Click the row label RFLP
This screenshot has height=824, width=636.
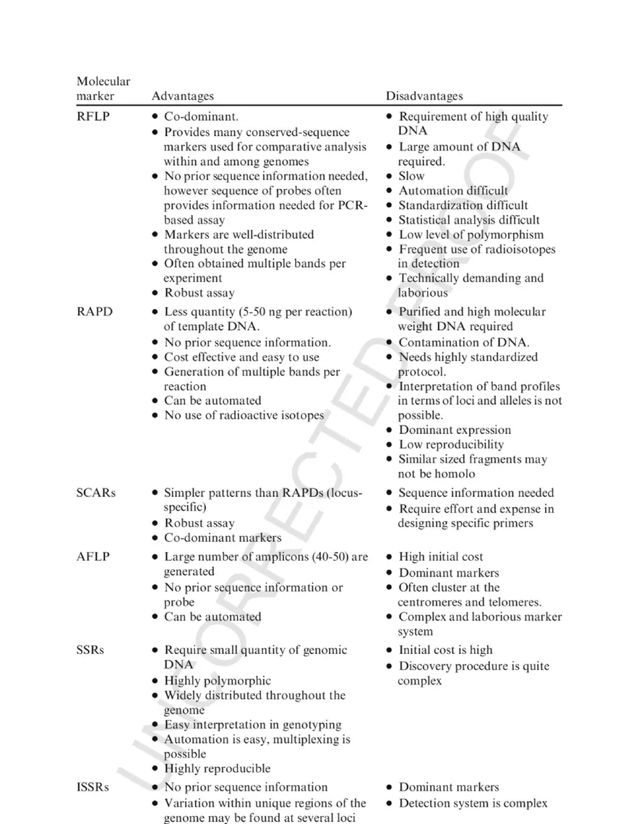tap(93, 116)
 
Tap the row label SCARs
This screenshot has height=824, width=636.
tap(95, 493)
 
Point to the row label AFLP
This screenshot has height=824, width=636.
tap(93, 557)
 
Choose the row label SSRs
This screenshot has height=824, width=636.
tap(90, 650)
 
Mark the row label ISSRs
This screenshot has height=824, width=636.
tap(93, 787)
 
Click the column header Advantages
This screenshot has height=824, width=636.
tap(182, 95)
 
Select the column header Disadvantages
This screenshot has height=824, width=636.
tap(424, 95)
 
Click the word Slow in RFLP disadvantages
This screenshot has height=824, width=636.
tap(412, 176)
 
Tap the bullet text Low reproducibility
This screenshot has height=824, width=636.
tap(451, 445)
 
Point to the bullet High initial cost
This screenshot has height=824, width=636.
tap(441, 557)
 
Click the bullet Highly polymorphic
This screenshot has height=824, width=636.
tap(218, 681)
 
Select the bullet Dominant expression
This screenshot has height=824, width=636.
tap(455, 430)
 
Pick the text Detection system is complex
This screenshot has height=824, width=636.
tap(473, 803)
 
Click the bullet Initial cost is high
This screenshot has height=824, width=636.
tap(445, 650)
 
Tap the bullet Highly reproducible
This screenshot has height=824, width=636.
tap(217, 768)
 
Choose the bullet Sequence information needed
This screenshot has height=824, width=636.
tap(476, 493)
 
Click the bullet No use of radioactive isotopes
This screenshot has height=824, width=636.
tap(244, 415)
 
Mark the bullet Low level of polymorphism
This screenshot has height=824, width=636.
tap(470, 234)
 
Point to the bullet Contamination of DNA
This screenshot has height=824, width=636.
tap(463, 342)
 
